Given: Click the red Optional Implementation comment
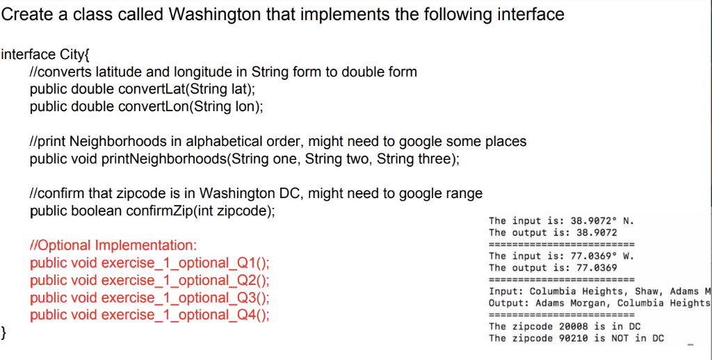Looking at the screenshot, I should click(113, 245).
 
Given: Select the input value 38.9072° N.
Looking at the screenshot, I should click(601, 221).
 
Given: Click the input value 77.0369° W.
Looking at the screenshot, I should click(601, 256).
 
